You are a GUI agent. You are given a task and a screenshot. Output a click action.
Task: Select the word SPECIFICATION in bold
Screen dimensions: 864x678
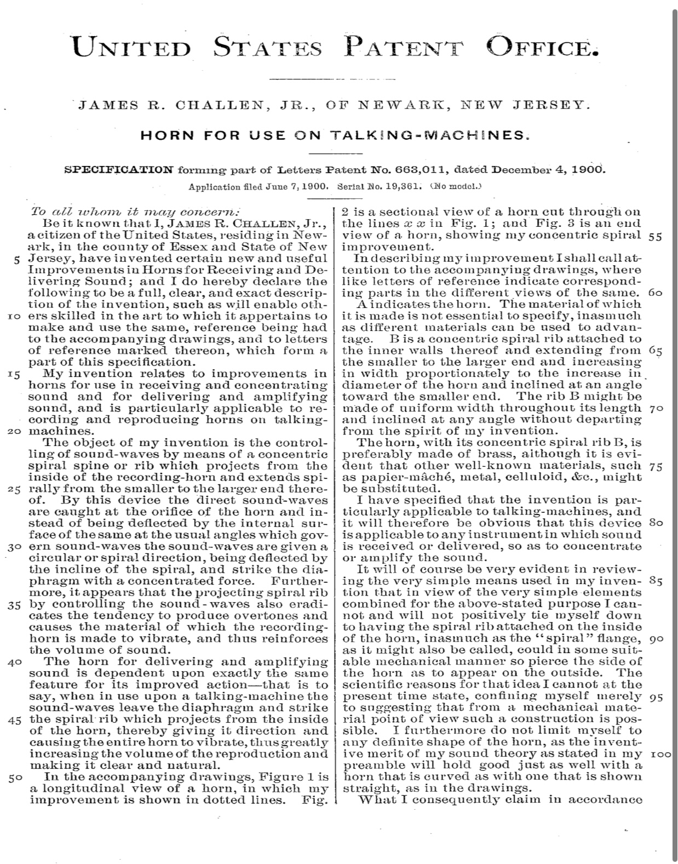[119, 169]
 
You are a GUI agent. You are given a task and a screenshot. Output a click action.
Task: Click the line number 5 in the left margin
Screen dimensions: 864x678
[18, 259]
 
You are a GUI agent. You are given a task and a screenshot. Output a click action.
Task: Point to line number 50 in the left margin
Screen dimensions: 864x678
[15, 777]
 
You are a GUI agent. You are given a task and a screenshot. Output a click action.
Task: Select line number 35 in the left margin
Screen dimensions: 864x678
[15, 605]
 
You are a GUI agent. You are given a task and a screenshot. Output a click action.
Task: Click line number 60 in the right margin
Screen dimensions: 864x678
[655, 293]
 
